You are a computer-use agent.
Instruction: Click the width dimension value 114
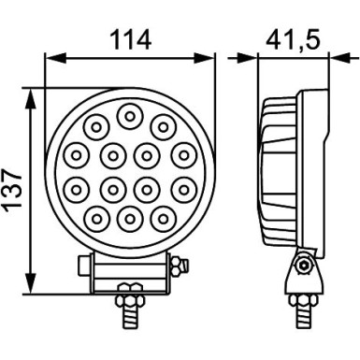tap(130, 40)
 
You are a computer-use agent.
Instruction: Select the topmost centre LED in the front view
tap(129, 115)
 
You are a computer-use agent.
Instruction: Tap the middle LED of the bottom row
tap(129, 219)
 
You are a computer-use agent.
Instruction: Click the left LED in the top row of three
tap(96, 125)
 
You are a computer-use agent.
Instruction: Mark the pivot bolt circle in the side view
tap(302, 266)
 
